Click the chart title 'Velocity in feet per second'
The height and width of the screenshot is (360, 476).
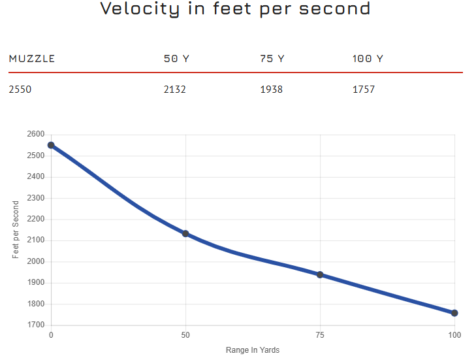click(235, 9)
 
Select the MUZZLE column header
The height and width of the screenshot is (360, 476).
click(32, 59)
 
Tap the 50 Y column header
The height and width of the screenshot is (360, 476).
click(176, 59)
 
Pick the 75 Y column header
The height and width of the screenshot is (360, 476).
click(272, 59)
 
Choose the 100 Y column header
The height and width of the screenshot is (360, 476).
click(368, 59)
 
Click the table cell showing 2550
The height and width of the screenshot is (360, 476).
click(20, 89)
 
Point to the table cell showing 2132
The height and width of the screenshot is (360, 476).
click(175, 89)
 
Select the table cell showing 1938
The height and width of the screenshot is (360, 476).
click(272, 89)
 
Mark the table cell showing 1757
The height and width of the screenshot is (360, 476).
click(364, 89)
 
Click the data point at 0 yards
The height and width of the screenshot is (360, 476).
click(51, 145)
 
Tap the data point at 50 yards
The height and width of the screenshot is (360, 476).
click(185, 233)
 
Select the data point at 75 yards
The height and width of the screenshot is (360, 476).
click(320, 274)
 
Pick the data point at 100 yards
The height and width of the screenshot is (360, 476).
click(454, 313)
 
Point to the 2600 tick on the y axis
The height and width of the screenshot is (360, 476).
click(36, 135)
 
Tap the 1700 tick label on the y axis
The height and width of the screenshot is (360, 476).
click(36, 325)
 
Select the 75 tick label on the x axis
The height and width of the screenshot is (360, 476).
click(320, 335)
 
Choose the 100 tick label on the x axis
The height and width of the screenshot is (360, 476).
click(454, 335)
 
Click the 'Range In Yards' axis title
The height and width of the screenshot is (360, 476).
click(253, 350)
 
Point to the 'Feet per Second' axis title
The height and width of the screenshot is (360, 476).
click(16, 229)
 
